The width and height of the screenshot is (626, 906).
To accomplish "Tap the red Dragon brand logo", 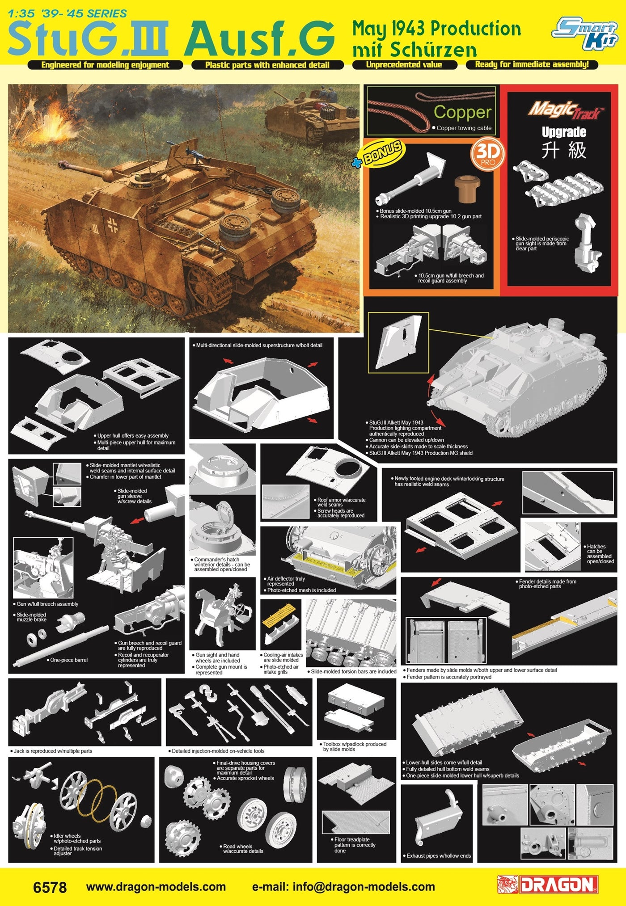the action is point(548,885).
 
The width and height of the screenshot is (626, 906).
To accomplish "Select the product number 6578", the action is point(50,887).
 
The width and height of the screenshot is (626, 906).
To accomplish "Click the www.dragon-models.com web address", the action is point(156,887).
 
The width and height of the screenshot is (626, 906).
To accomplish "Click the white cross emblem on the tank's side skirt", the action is point(112,226).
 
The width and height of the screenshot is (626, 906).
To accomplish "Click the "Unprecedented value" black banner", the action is point(404,65).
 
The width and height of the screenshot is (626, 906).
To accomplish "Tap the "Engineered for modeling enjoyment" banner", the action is point(106,65).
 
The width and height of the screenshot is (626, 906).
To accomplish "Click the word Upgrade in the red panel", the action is point(564,132).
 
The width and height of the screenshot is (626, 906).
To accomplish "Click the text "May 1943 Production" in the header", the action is point(436,29).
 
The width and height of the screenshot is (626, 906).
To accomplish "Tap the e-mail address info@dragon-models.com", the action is point(343,887).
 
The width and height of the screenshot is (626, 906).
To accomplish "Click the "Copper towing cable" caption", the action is point(462,128).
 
